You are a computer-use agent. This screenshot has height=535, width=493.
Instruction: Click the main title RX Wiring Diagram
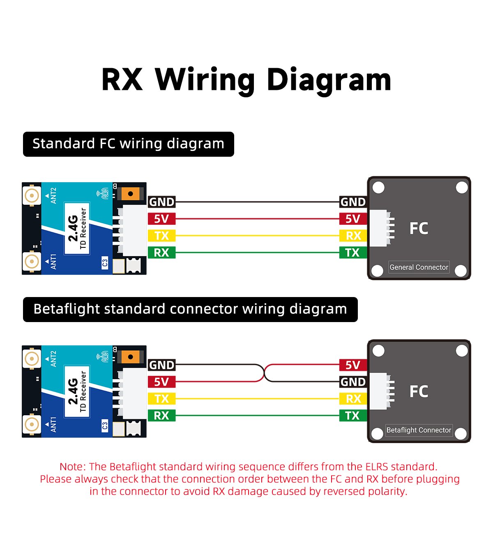246,80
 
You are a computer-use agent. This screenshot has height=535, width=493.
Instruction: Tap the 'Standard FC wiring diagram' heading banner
128,144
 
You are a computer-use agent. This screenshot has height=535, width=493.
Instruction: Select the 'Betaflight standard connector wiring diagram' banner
190,309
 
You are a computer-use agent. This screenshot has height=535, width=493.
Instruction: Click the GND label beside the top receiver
161,202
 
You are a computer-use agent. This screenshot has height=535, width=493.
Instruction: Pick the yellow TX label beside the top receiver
161,235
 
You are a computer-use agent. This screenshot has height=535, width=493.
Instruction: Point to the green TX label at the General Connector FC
352,253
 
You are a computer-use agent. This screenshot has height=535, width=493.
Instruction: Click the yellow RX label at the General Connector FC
353,235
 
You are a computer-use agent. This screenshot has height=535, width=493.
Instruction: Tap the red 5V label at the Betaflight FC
352,365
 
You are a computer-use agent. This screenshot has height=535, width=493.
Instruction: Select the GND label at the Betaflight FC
353,382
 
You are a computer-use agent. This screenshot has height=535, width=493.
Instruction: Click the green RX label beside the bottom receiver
161,416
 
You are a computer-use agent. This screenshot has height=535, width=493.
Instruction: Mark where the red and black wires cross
263,373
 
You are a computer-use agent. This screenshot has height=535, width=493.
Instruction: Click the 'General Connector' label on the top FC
419,267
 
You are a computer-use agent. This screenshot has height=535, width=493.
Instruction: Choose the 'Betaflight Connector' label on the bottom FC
419,430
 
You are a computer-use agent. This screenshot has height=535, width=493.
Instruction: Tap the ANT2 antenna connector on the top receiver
32,196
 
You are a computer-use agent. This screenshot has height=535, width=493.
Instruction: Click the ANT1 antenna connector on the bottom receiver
32,424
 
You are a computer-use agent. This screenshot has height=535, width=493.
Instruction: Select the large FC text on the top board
419,228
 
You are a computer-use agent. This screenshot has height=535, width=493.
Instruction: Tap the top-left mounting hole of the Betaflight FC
378,351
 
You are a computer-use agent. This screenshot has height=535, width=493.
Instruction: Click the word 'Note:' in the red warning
73,466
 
